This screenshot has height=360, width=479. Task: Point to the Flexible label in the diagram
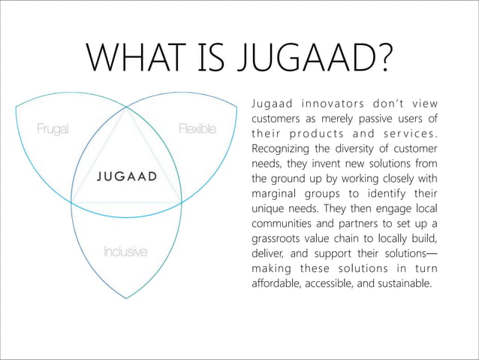197,129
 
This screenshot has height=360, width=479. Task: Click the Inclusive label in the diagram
125,251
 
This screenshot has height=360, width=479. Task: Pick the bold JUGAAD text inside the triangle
126,177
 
